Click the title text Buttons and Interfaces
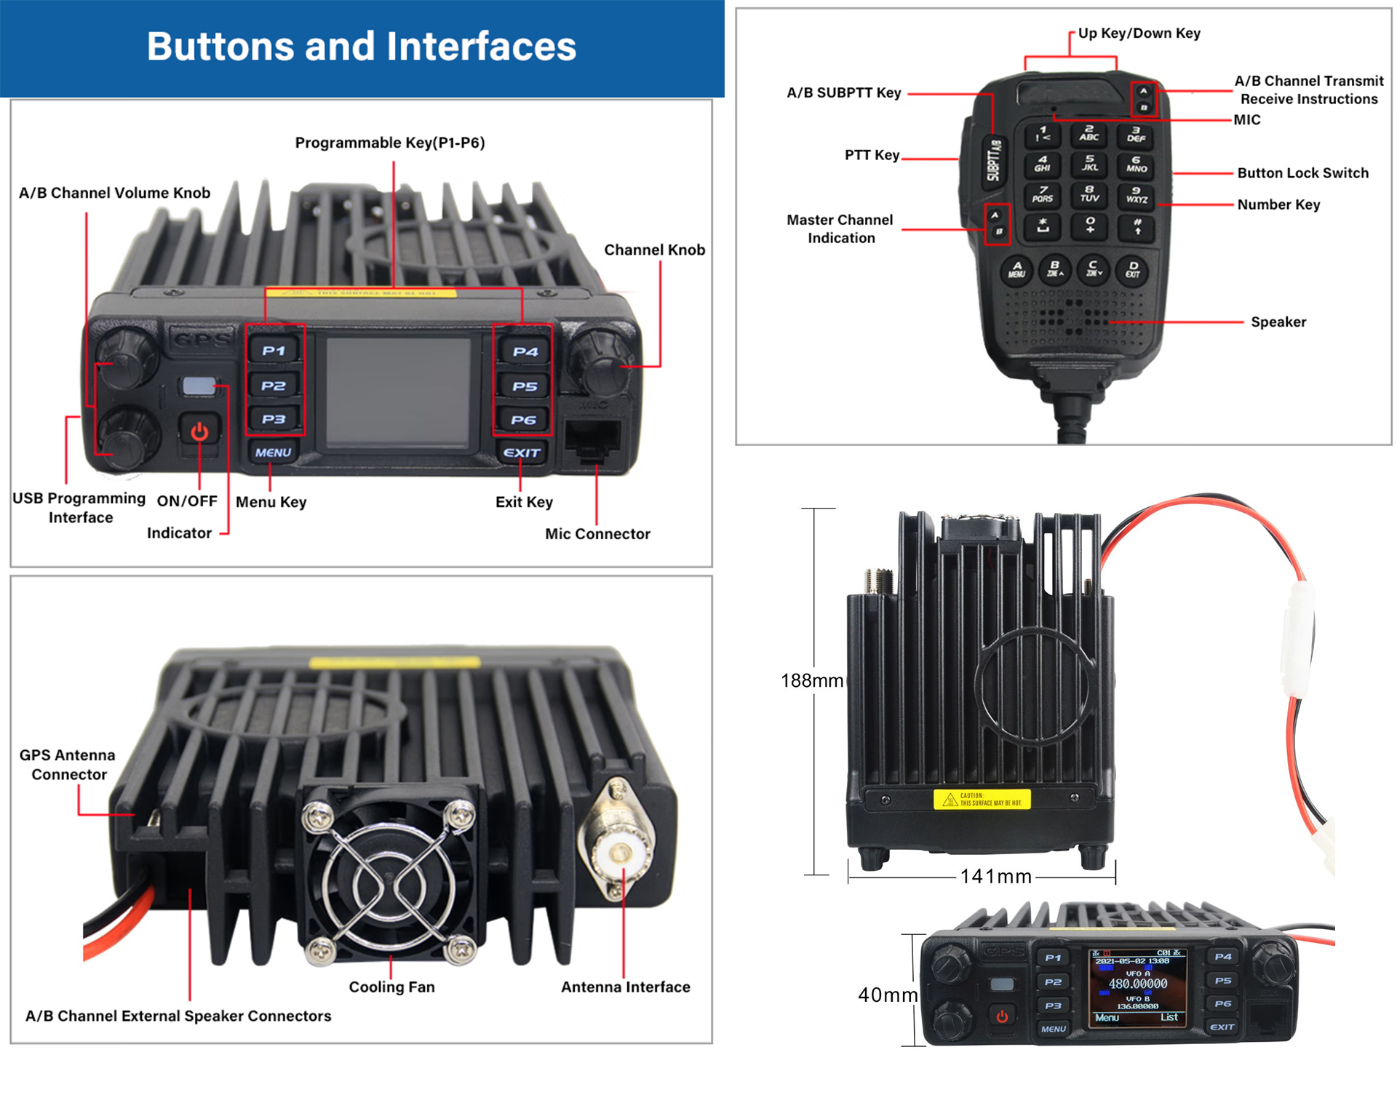(x=362, y=47)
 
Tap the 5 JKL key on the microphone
(x=1089, y=163)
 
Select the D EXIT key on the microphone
(x=1133, y=269)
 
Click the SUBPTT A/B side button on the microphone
(x=994, y=161)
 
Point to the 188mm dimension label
(x=811, y=681)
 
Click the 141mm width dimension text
(x=995, y=877)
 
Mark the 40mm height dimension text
(x=887, y=995)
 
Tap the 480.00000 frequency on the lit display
(x=1137, y=984)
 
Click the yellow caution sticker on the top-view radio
(x=982, y=800)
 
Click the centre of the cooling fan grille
(x=389, y=883)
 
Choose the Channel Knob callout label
(x=654, y=250)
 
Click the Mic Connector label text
(x=597, y=534)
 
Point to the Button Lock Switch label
(x=1302, y=173)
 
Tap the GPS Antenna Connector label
(x=68, y=765)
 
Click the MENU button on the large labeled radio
(x=273, y=453)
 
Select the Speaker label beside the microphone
(x=1278, y=322)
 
